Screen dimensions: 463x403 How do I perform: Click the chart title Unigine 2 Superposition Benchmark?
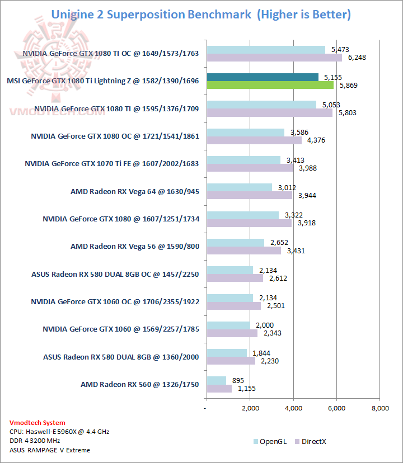pos(151,15)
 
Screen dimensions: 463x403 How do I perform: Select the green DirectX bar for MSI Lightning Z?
pos(270,85)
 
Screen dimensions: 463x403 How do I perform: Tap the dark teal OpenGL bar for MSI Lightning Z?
pos(263,77)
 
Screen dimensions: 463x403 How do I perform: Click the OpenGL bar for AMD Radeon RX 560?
pos(216,380)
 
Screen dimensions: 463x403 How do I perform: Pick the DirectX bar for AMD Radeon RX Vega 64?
pos(249,195)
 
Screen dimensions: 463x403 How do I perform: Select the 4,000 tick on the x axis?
pos(293,409)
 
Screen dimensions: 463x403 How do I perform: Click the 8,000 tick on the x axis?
pos(379,409)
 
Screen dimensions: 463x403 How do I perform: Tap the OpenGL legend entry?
pos(271,441)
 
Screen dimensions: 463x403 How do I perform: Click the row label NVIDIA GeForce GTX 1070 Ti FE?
pos(112,164)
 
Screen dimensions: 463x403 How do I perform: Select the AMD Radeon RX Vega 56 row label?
pos(135,246)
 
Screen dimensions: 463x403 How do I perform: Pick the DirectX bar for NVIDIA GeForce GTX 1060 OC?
pos(233,306)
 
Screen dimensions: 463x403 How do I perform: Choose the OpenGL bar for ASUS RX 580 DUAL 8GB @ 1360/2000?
pos(227,353)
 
